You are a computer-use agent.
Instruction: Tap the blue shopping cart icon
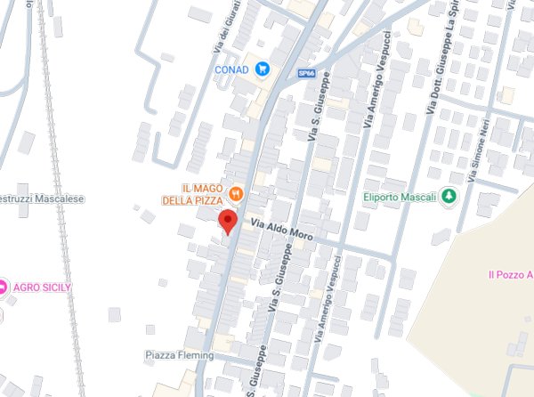click(263, 69)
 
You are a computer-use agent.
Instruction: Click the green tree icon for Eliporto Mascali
click(449, 196)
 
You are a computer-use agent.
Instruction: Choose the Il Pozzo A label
click(510, 276)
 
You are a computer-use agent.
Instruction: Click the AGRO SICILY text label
click(41, 287)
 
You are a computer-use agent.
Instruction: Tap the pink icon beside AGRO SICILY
click(4, 287)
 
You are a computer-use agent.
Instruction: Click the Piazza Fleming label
click(175, 355)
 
